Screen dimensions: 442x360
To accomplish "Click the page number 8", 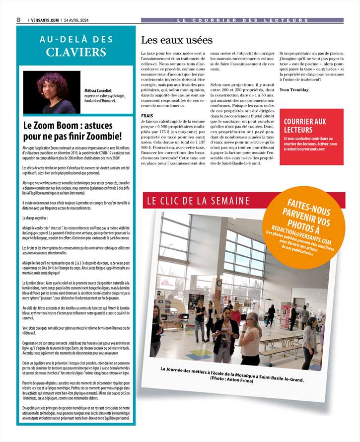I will click(18, 20).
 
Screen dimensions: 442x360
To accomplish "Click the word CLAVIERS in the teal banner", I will click(76, 52).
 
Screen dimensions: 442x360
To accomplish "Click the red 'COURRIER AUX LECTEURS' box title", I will click(305, 125).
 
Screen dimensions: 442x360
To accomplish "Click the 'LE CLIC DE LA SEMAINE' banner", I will click(198, 201).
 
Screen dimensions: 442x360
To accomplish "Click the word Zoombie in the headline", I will click(100, 136).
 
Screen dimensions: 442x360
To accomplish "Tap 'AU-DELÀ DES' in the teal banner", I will click(76, 39).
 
